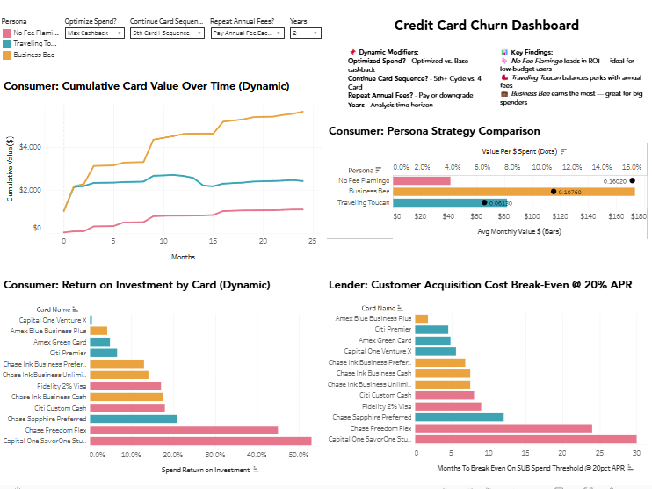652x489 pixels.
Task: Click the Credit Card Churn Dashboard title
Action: [x=486, y=26]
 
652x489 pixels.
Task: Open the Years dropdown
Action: [x=304, y=33]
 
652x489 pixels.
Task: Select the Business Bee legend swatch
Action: [x=7, y=55]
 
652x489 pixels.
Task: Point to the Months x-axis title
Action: [x=183, y=256]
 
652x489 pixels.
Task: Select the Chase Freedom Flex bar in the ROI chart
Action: [x=184, y=430]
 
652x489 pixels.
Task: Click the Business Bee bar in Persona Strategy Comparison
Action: [x=515, y=191]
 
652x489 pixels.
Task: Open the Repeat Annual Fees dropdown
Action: [x=247, y=33]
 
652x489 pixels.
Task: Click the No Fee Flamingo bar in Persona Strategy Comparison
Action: [x=424, y=180]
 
